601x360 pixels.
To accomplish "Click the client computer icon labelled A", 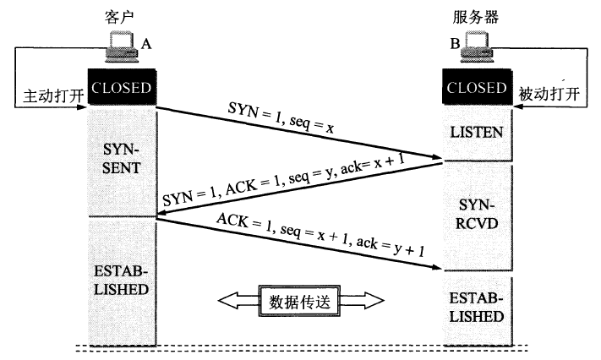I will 120,48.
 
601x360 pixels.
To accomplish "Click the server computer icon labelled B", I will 478,48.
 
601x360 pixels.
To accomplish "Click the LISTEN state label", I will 478,133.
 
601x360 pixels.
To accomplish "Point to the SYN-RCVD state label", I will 478,215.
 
